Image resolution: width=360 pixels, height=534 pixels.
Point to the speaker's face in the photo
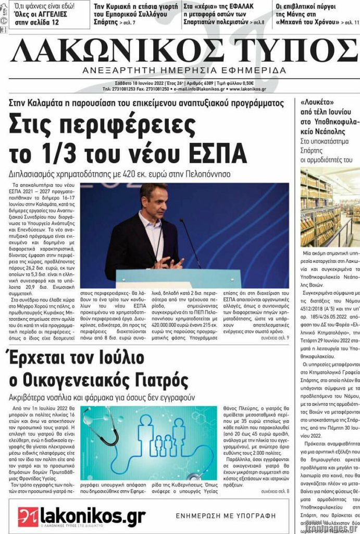[x=155, y=200]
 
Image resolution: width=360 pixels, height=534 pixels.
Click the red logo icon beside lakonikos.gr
[x=28, y=516]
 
